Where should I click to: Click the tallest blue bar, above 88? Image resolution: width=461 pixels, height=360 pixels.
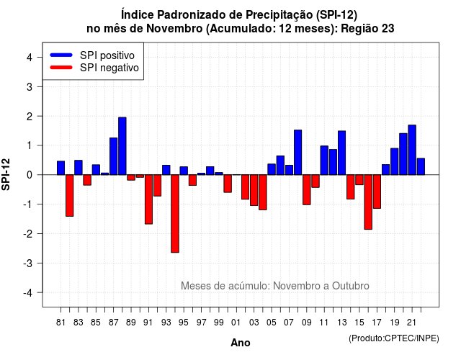[x=122, y=146]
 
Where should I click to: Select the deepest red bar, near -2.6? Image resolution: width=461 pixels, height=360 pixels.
[x=175, y=214]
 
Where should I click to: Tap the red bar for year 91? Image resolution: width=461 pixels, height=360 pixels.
[x=148, y=199]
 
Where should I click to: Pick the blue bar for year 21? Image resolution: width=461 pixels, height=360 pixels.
[x=412, y=150]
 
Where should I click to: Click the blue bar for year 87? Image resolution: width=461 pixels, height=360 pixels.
[x=114, y=156]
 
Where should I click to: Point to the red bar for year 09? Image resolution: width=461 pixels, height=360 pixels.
[x=307, y=190]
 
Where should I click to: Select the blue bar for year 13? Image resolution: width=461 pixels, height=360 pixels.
[x=342, y=153]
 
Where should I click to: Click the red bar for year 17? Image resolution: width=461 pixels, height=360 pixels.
[x=377, y=192]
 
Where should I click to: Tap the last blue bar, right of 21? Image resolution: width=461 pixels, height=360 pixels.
[x=421, y=166]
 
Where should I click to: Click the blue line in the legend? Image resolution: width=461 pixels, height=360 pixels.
[x=61, y=55]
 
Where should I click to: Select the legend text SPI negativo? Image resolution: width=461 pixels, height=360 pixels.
[x=109, y=68]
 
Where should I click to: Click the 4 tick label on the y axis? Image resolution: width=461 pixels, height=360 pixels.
[x=30, y=57]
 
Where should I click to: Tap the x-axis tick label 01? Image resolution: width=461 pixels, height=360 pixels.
[x=236, y=323]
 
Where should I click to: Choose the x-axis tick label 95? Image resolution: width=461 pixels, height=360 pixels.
[x=184, y=323]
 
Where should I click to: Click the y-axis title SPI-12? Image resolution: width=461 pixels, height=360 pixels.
[x=6, y=174]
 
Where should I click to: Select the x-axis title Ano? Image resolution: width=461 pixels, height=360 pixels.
[x=241, y=343]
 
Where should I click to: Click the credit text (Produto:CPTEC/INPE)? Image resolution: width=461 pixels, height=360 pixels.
[x=394, y=338]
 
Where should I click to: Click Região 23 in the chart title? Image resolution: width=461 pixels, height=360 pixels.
[x=367, y=29]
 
